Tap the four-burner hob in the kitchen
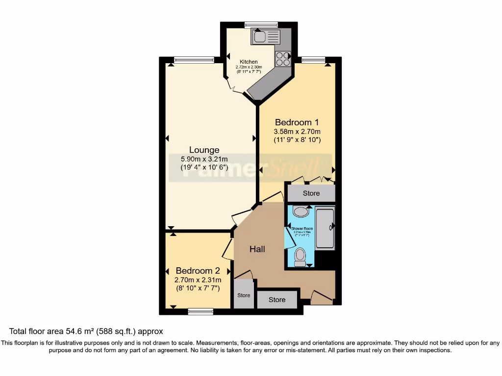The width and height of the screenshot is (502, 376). pyautogui.click(x=283, y=59)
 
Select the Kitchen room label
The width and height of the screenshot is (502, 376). pyautogui.click(x=249, y=62)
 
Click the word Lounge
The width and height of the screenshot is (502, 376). pyautogui.click(x=204, y=150)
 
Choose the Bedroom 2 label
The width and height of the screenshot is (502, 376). pyautogui.click(x=198, y=271)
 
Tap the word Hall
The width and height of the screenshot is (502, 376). pyautogui.click(x=257, y=249)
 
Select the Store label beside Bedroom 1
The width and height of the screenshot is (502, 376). pyautogui.click(x=311, y=193)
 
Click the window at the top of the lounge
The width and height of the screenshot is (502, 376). pyautogui.click(x=193, y=60)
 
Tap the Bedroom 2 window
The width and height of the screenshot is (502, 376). pyautogui.click(x=201, y=310)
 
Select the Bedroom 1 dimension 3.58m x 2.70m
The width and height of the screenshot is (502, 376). pyautogui.click(x=297, y=132)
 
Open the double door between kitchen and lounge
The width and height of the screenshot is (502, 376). pyautogui.click(x=237, y=88)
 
